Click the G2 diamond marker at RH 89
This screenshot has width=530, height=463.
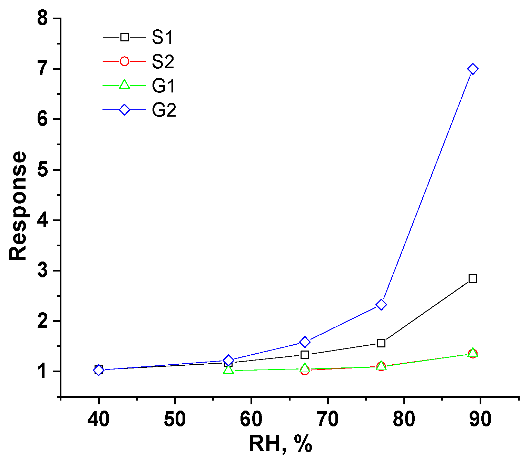click(x=473, y=69)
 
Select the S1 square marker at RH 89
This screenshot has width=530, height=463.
click(x=473, y=278)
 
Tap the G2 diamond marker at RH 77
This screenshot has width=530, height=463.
click(x=381, y=305)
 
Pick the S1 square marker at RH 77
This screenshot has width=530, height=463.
click(x=381, y=343)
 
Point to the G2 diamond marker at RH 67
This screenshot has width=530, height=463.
click(x=305, y=342)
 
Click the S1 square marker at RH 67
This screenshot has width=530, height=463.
click(x=305, y=355)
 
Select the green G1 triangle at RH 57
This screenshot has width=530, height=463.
click(x=228, y=370)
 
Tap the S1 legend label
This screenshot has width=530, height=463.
click(x=163, y=37)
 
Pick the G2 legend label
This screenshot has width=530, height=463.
click(x=164, y=110)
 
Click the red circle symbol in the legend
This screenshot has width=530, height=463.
click(x=124, y=61)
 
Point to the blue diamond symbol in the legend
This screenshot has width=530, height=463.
click(x=124, y=110)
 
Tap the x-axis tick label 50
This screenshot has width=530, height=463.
click(x=175, y=419)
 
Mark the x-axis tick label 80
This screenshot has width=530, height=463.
click(x=404, y=419)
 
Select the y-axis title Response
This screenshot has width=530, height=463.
click(x=18, y=206)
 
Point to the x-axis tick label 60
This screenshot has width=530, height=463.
click(x=251, y=419)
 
